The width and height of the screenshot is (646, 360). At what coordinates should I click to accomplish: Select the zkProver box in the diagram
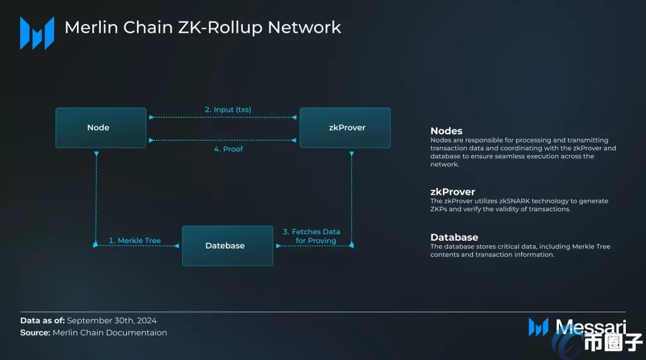tap(344, 128)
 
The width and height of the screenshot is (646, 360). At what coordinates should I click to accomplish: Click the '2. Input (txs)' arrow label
tap(228, 110)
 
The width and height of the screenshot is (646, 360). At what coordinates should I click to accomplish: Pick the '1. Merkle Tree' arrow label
tap(134, 240)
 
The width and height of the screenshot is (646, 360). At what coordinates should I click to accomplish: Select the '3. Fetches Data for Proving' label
tap(312, 236)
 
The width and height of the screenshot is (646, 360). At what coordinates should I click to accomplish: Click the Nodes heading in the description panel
tap(446, 131)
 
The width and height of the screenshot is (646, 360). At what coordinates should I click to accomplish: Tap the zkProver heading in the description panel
tap(452, 192)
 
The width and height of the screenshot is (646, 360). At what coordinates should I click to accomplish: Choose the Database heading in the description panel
tap(454, 238)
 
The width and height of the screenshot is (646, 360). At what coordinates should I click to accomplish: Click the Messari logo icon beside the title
tap(37, 33)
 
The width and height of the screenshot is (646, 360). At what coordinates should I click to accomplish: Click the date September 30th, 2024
tap(112, 321)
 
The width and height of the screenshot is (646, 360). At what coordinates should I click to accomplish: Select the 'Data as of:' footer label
tap(42, 321)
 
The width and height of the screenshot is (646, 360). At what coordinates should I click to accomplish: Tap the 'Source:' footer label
tap(35, 332)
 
